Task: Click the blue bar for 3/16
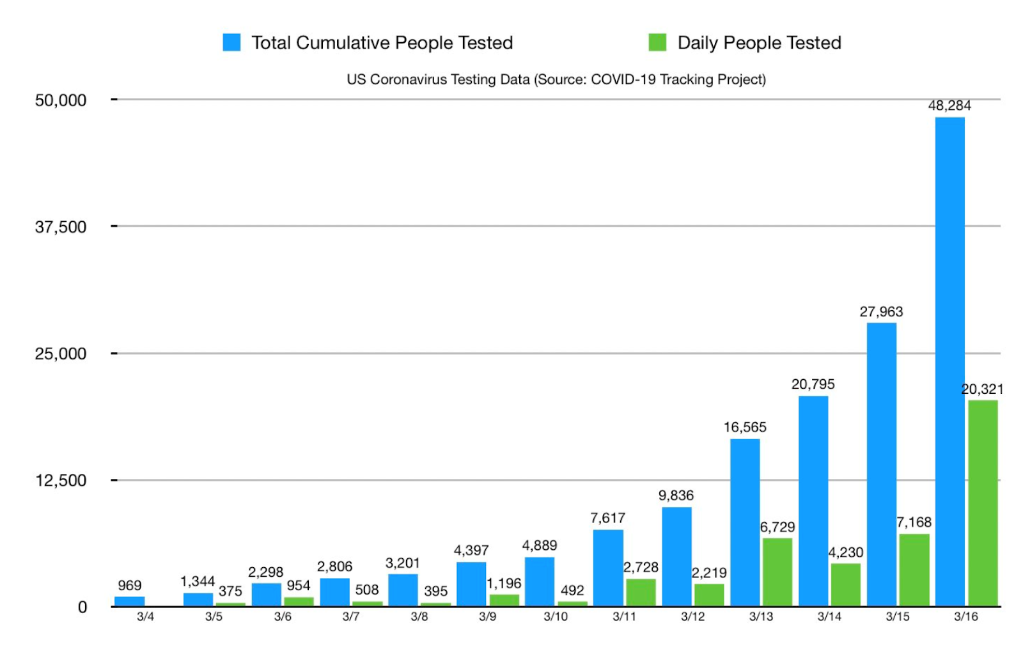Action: [949, 361]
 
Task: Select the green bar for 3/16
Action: [983, 503]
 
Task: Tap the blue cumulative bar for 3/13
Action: [745, 522]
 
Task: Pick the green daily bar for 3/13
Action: [777, 572]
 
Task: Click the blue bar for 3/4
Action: [129, 601]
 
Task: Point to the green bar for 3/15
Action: [914, 570]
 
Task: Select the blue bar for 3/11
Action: [608, 568]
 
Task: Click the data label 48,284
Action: [949, 106]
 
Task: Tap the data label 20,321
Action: [982, 389]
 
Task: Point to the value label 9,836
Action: [676, 496]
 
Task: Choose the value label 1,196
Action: [504, 583]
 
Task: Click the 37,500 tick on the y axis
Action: [61, 227]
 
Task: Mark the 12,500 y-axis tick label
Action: [61, 481]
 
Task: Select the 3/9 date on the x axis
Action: [487, 616]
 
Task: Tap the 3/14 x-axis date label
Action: [829, 616]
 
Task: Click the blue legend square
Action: [231, 42]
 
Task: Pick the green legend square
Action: [657, 42]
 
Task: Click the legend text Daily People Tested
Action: [759, 43]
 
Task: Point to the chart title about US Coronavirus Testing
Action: [556, 79]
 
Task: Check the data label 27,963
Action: [881, 312]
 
